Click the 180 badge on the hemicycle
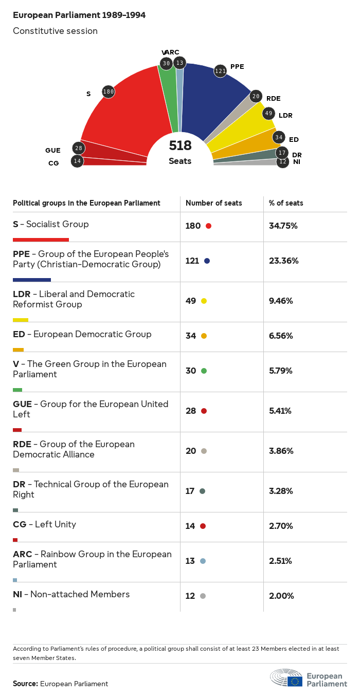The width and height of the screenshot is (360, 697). point(108,92)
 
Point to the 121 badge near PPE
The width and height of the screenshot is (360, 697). point(220,71)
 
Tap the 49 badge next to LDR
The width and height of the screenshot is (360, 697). point(268,114)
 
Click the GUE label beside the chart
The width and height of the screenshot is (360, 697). point(53,151)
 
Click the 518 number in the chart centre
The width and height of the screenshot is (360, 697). point(180,146)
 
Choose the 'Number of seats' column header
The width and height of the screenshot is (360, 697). point(214,203)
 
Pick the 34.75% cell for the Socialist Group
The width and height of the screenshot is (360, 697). point(283,226)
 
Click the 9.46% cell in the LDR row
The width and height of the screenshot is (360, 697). point(281,301)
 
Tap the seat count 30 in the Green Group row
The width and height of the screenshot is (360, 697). point(191,371)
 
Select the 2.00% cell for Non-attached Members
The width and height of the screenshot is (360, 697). point(281,596)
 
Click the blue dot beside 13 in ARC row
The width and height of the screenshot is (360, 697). point(203,561)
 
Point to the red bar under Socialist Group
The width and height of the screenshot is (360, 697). point(41,240)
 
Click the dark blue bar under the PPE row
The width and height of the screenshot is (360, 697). point(32,280)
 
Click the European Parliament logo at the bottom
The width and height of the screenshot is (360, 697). point(309,678)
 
